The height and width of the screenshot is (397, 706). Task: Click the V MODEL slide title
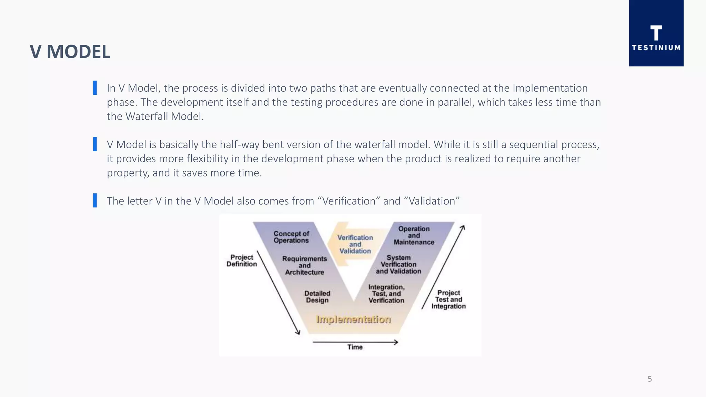70,52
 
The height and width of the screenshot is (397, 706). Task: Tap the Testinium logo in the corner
656,33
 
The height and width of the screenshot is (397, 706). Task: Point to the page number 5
649,379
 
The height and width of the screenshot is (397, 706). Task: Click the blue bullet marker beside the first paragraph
95,88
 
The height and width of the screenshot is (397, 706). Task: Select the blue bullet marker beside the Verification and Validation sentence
95,201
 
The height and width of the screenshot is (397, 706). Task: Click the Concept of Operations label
291,237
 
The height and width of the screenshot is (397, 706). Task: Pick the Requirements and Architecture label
304,265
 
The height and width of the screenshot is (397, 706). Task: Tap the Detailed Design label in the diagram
317,297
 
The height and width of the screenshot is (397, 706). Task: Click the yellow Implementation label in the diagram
353,319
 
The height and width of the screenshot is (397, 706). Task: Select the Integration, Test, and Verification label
386,294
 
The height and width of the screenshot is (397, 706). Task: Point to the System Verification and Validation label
399,264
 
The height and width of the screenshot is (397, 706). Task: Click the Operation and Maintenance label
414,235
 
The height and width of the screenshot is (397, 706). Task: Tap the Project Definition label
242,261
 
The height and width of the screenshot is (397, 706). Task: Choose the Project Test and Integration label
448,299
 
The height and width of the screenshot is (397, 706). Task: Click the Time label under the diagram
355,347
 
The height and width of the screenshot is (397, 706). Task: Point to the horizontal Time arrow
355,342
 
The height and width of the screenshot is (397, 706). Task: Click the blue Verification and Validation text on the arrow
355,244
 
